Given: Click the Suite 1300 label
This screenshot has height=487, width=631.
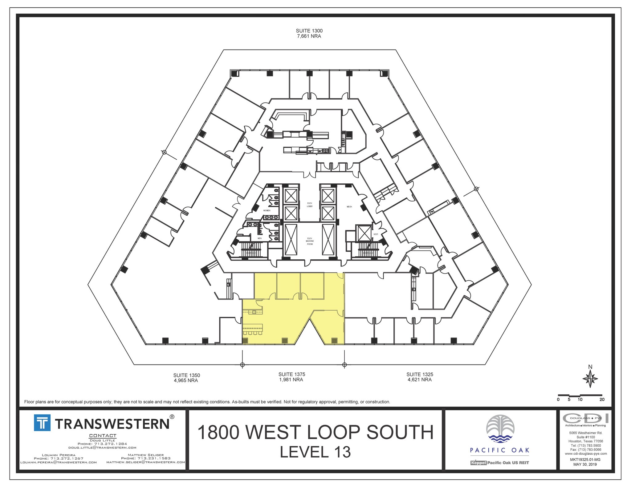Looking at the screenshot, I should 309,31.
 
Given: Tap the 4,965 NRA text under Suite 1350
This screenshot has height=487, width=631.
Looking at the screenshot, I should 186,381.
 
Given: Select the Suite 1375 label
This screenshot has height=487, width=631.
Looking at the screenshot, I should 291,374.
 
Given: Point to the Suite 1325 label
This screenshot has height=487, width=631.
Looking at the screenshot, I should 420,374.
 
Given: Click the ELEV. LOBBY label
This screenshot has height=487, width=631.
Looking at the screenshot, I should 310,205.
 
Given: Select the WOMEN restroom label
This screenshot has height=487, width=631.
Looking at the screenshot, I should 267,210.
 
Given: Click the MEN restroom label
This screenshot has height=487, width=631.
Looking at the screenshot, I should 259,238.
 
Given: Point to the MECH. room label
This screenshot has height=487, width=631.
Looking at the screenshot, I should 349,207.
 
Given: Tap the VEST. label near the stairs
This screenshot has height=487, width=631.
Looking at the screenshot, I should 376,234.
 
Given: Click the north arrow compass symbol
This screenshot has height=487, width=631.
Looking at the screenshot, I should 590,379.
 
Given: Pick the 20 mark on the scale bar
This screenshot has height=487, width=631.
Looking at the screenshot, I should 602,400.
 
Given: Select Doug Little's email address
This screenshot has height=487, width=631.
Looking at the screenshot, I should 102,448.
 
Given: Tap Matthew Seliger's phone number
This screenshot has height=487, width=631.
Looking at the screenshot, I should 145,458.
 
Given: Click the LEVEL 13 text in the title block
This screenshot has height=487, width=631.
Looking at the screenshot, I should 315,452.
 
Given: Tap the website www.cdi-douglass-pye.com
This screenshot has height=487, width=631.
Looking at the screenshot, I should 585,453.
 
